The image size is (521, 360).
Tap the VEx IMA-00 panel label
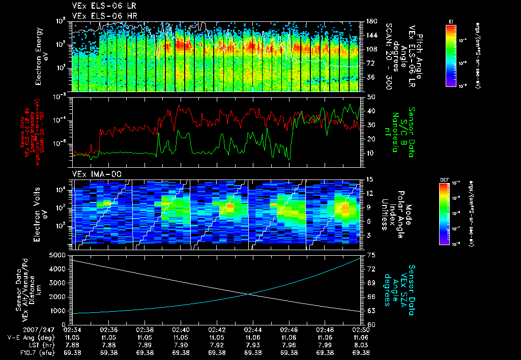coord(97,174)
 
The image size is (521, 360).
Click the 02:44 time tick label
coord(253,329)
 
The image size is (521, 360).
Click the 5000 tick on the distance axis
coord(60,255)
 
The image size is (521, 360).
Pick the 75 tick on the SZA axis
coord(370,255)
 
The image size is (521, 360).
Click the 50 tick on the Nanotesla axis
coord(370,97)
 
